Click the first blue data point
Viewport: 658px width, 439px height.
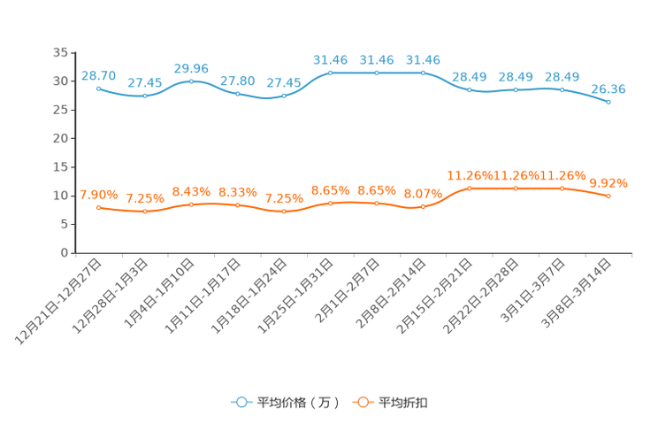pyautogui.click(x=98, y=88)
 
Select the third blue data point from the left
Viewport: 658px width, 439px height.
pyautogui.click(x=191, y=81)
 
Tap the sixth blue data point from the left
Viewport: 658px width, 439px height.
pyautogui.click(x=331, y=73)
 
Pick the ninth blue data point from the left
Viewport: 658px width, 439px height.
pyautogui.click(x=470, y=89)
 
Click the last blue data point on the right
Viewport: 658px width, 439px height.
pyautogui.click(x=608, y=102)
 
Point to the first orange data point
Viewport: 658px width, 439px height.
pyautogui.click(x=98, y=206)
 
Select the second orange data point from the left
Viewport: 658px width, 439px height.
pyautogui.click(x=145, y=211)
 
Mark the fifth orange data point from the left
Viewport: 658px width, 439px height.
pyautogui.click(x=284, y=211)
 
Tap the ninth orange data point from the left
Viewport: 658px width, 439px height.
pyautogui.click(x=470, y=188)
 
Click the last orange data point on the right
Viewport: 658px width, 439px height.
pyautogui.click(x=608, y=196)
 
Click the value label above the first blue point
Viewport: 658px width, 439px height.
pyautogui.click(x=98, y=74)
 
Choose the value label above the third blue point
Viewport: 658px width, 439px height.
pyautogui.click(x=191, y=67)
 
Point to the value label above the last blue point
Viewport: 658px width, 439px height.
pyautogui.click(x=608, y=89)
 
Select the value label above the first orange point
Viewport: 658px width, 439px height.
pyautogui.click(x=98, y=194)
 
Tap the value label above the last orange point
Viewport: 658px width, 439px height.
pyautogui.click(x=608, y=183)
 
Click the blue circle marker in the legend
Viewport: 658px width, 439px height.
pyautogui.click(x=241, y=402)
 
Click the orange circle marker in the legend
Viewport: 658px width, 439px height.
pyautogui.click(x=362, y=402)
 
